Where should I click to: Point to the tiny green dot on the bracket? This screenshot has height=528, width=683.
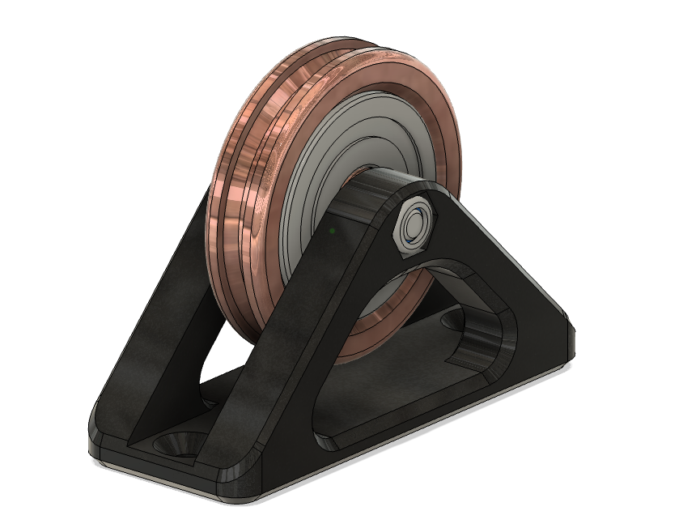click(x=332, y=232)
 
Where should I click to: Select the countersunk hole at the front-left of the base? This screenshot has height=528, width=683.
click(x=176, y=444)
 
